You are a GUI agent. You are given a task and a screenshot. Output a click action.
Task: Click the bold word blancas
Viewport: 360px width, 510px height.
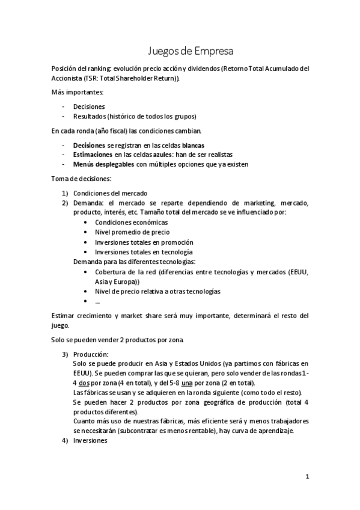coord(189,145)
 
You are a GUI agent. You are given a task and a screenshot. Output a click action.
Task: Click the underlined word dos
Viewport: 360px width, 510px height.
coord(85,382)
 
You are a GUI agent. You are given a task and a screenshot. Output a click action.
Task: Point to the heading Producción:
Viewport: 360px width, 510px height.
coord(91,354)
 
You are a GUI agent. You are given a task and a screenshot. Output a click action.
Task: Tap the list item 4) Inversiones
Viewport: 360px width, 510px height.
coord(90,440)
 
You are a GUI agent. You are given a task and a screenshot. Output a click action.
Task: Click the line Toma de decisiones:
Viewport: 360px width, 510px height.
coord(81,179)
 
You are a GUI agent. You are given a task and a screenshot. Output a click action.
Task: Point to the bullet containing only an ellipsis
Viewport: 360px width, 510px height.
coord(97,301)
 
